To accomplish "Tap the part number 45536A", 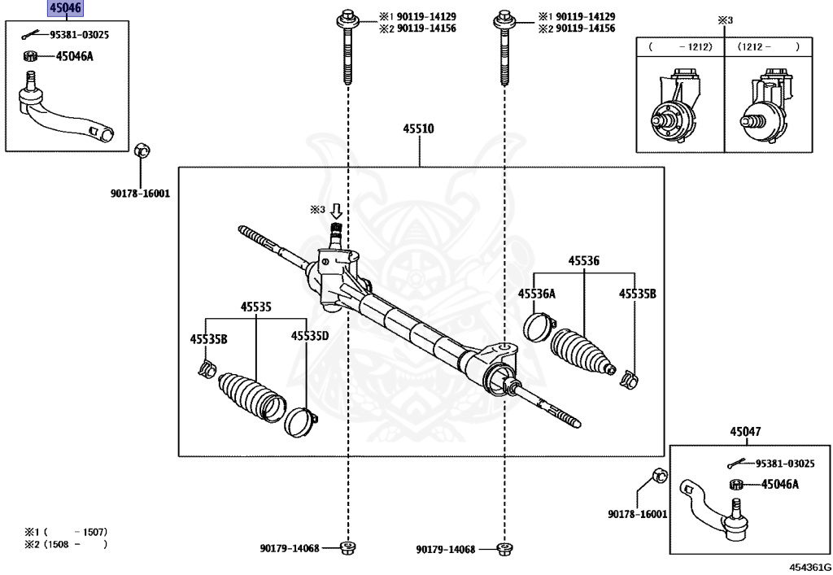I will pos(537,294).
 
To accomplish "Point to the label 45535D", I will pos(310,336).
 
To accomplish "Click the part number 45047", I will pos(745,432).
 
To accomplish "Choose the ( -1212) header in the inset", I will pos(680,47).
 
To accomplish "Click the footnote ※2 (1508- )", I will pos(66,544).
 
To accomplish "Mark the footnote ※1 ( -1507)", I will pos(66,531).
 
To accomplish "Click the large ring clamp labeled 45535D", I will pos(299,420).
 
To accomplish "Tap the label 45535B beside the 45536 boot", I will pos(637,294).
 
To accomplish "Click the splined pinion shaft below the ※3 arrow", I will pos(335,238).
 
